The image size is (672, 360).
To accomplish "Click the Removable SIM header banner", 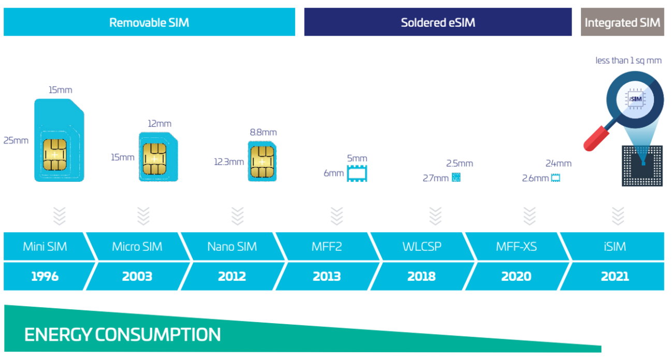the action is pyautogui.click(x=149, y=22).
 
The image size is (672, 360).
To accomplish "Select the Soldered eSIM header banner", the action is pyautogui.click(x=438, y=22).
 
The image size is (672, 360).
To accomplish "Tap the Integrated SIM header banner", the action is pyautogui.click(x=622, y=22).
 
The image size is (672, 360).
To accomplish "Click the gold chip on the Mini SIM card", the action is pyautogui.click(x=54, y=155).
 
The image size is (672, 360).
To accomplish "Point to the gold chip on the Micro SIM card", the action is pyautogui.click(x=154, y=159).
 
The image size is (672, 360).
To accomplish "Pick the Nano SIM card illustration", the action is pyautogui.click(x=262, y=161).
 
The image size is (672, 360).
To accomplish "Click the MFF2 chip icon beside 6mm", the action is pyautogui.click(x=357, y=173).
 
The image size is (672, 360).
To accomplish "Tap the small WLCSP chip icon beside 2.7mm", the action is pyautogui.click(x=456, y=177).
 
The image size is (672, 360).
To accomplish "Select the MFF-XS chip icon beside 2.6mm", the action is pyautogui.click(x=556, y=178).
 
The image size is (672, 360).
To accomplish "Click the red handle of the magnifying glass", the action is pyautogui.click(x=596, y=139).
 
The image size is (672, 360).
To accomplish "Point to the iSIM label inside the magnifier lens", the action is pyautogui.click(x=635, y=99).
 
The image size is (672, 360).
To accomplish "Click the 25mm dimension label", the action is pyautogui.click(x=16, y=140).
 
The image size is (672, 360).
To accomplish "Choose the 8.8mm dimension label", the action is pyautogui.click(x=263, y=133).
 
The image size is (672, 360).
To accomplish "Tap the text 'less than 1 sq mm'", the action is pyautogui.click(x=629, y=61).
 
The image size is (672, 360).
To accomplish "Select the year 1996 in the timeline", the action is pyautogui.click(x=45, y=276).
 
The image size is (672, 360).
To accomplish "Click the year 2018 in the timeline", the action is pyautogui.click(x=421, y=276).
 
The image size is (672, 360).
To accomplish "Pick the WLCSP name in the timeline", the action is pyautogui.click(x=422, y=247).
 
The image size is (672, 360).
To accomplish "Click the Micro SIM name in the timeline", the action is pyautogui.click(x=137, y=247).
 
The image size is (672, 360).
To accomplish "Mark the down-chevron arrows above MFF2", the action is pyautogui.click(x=337, y=216).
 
